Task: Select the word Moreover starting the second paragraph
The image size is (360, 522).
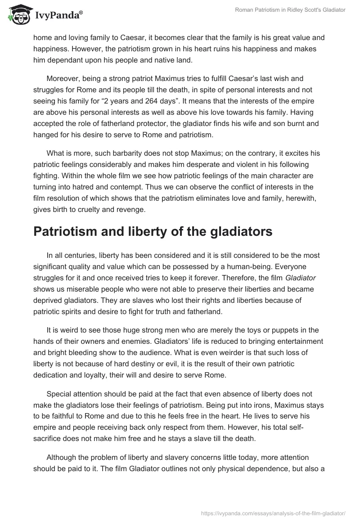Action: tap(63, 78)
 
